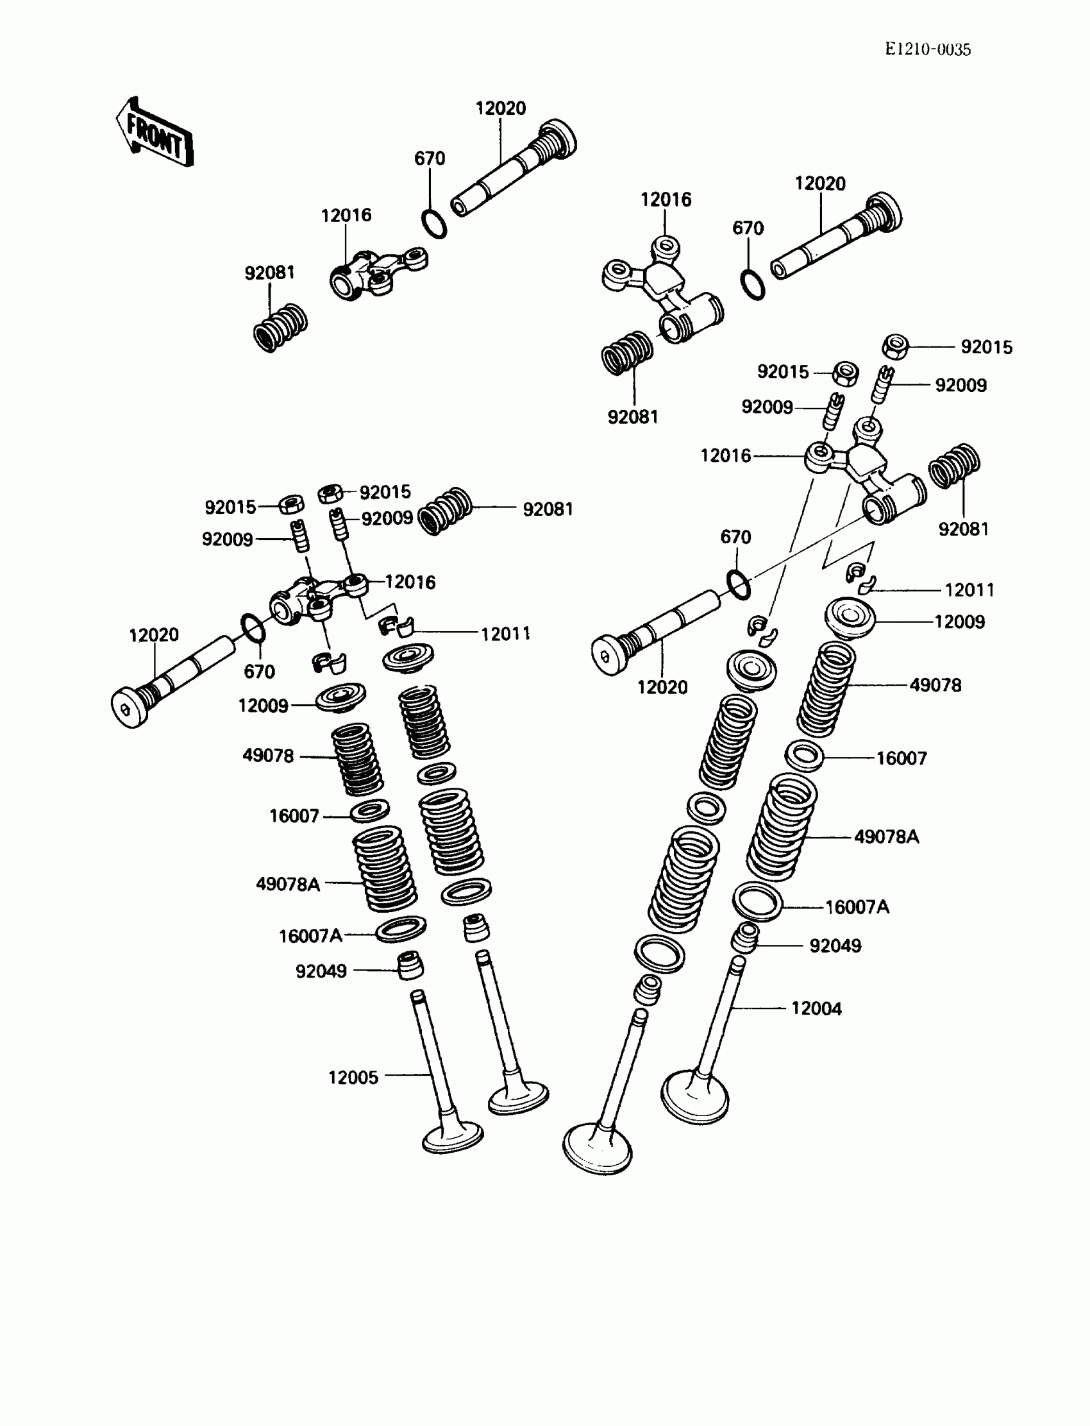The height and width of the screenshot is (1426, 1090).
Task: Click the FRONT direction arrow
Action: coord(155,133)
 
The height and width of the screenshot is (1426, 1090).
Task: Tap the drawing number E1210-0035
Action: coord(928,49)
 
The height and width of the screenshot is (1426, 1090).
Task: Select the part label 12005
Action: coord(353,1078)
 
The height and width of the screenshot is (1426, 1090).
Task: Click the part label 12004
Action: coord(816,1008)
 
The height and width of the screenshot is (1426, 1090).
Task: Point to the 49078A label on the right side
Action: coord(886,837)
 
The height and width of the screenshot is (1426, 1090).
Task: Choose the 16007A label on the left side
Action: coord(310,936)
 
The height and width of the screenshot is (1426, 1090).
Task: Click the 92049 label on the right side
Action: coord(835,946)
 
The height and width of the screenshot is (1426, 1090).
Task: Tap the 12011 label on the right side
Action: coord(969,590)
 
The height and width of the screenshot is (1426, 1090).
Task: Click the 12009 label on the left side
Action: coord(263,706)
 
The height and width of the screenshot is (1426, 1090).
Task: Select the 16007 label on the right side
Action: coord(901,758)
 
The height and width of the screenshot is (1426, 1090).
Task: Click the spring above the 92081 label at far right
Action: coord(955,465)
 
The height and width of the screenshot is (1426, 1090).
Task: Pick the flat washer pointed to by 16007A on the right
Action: coord(757,901)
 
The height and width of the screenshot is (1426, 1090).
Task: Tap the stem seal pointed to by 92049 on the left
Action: coord(410,965)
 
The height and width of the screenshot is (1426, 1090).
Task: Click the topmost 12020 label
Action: coord(500,108)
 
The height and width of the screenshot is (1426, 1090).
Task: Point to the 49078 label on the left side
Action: coord(268,756)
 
